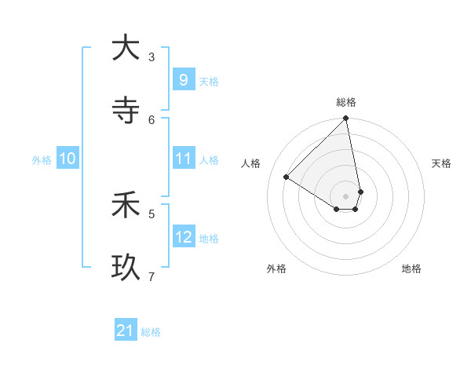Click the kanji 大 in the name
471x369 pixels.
tap(126, 48)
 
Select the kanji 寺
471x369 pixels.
tap(126, 111)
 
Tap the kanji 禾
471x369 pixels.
tap(126, 206)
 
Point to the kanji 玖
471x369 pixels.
tap(126, 268)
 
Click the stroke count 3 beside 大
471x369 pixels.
tap(152, 57)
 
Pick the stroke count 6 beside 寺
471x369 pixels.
tap(152, 119)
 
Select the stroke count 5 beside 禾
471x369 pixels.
tap(152, 213)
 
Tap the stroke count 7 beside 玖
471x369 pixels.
tap(152, 276)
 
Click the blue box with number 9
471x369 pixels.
tap(183, 79)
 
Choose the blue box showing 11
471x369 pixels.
tap(183, 159)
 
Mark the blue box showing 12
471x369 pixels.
tap(183, 236)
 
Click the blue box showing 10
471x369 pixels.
tap(68, 159)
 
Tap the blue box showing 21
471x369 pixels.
tap(126, 331)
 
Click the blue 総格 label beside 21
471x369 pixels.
tap(151, 332)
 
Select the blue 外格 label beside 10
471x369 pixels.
tap(42, 160)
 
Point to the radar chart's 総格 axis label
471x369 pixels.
tap(346, 102)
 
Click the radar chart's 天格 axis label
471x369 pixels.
tap(441, 163)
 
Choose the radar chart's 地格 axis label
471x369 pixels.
tap(411, 269)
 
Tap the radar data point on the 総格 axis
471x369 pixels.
tap(346, 119)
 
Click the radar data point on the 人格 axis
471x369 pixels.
tap(287, 177)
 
